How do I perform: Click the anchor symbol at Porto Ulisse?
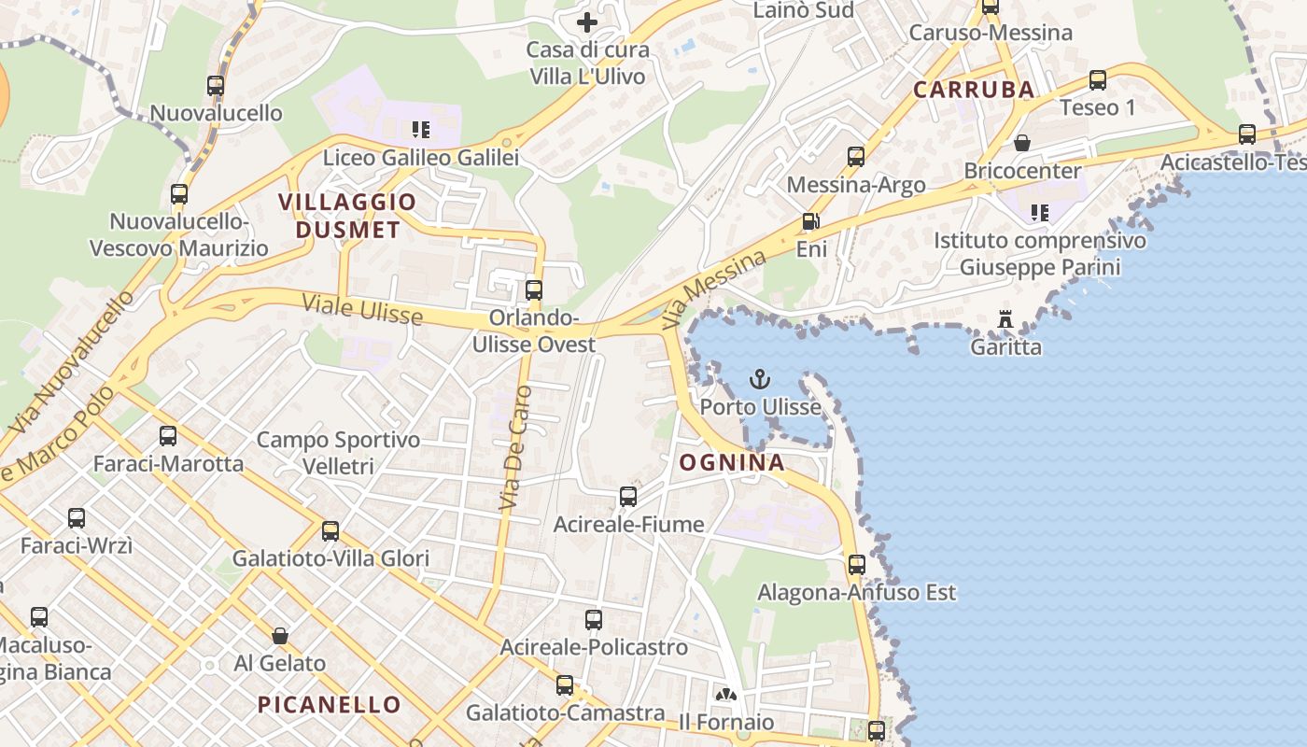point(760,379)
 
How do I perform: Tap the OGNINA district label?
point(731,462)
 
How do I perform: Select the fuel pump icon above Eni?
point(810,222)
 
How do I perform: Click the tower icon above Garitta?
point(1005,319)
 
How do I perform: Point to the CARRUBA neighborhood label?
point(974,90)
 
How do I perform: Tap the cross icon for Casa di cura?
point(586,22)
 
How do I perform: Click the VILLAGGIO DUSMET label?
point(347,216)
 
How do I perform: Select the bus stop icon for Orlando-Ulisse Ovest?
point(534,289)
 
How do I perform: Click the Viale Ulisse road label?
point(362,309)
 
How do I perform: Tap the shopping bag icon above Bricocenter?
point(1022,143)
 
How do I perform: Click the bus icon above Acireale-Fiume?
point(628,497)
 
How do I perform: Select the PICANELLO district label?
point(329,704)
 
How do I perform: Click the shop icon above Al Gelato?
point(279,636)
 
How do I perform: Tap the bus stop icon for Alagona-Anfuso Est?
point(856,564)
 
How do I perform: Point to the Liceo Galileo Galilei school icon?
point(420,129)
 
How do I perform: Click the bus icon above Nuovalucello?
point(216,86)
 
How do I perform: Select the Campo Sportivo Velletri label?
point(338,452)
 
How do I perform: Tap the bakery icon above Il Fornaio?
point(725,694)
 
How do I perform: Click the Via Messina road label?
point(712,289)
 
